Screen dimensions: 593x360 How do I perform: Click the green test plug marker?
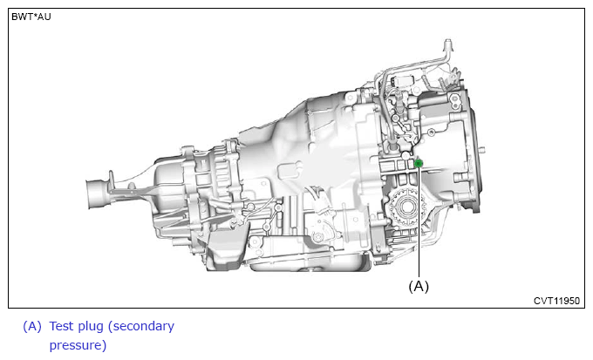click(x=419, y=163)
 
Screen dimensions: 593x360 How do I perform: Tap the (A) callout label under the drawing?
click(x=419, y=286)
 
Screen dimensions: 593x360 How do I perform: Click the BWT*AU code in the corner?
click(x=31, y=17)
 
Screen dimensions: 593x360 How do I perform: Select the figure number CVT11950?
click(x=556, y=301)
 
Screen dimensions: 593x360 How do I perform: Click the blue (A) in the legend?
click(x=32, y=326)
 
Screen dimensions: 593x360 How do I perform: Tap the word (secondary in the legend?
click(x=141, y=327)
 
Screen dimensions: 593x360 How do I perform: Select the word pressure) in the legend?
click(x=78, y=346)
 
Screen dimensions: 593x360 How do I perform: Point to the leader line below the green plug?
click(x=419, y=222)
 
